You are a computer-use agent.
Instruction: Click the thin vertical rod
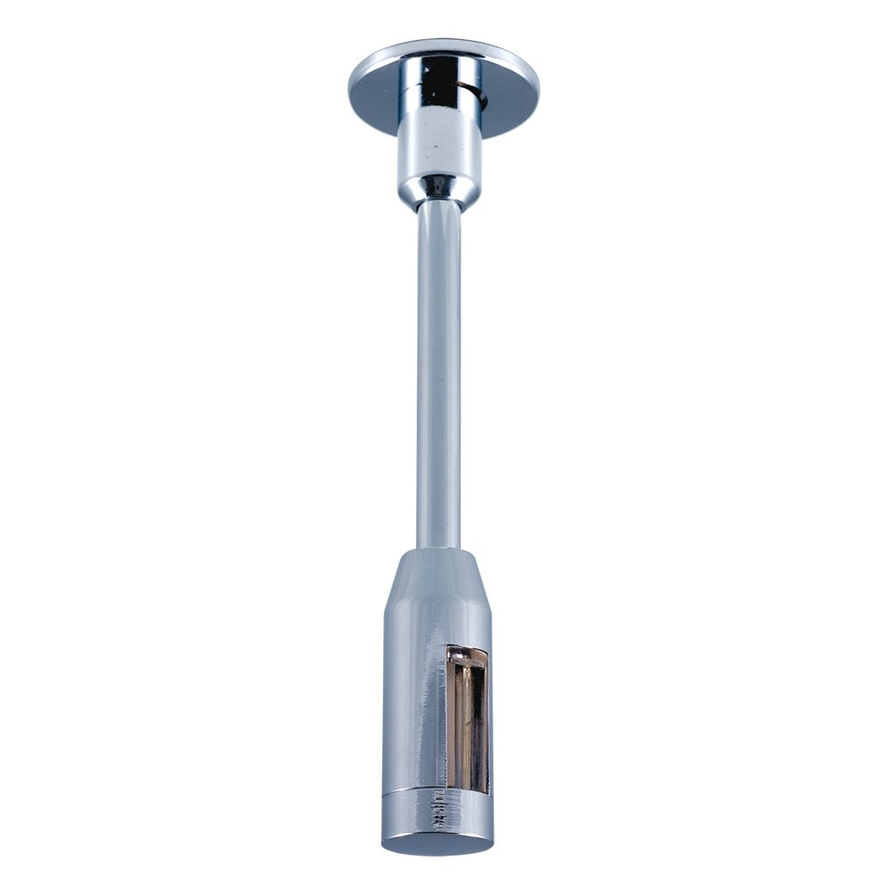(x=438, y=374)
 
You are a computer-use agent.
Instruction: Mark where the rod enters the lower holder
(x=438, y=548)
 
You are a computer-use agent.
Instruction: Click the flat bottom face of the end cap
(x=437, y=843)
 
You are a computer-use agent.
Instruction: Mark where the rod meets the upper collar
(x=439, y=203)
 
